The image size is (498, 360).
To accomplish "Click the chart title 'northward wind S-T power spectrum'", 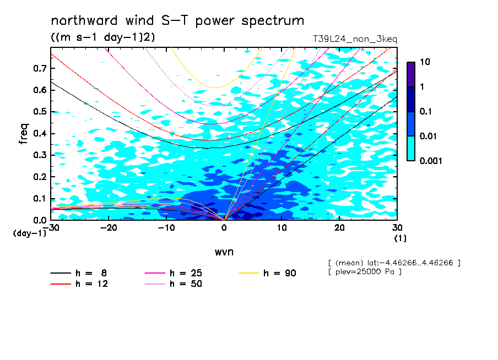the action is click(177, 21).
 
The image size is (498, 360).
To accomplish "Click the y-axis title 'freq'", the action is click(23, 134).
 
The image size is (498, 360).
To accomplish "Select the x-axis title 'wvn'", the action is click(224, 252).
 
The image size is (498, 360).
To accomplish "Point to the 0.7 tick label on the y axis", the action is click(40, 68).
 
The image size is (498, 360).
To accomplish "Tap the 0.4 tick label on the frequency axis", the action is click(40, 133).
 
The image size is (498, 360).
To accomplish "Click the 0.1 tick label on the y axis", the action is click(40, 198).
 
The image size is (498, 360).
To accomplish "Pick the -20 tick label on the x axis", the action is click(109, 228).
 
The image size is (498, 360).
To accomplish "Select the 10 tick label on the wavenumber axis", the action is click(282, 228).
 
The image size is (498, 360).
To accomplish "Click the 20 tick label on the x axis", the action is click(339, 228).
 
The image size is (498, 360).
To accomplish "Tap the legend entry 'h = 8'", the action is click(78, 273).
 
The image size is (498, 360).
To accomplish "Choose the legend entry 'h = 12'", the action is click(79, 284).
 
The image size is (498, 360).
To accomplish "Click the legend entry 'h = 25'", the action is click(173, 273).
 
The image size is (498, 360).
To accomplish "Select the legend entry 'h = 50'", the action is click(173, 284).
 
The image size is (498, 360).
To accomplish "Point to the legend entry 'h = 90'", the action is click(267, 273).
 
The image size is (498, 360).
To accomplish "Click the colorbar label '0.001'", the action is click(431, 161).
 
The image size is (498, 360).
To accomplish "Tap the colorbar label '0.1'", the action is click(426, 111).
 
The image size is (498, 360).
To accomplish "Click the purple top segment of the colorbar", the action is click(411, 75).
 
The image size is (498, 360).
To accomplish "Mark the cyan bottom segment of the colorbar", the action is click(411, 149).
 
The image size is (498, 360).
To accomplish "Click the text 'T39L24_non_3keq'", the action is click(355, 39).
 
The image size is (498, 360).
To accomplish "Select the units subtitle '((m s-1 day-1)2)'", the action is click(103, 37).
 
